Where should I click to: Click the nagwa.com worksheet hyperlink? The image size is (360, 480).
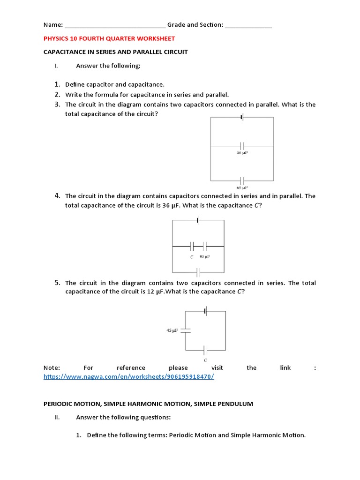[129, 376]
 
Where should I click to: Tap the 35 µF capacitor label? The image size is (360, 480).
[242, 153]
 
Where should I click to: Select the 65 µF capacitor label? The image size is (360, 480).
[242, 187]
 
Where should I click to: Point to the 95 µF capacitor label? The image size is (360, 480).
[204, 257]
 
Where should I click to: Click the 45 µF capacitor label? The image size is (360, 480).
[172, 330]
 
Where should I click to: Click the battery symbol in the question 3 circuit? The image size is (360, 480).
[242, 117]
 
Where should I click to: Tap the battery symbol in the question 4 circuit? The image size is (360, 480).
[199, 220]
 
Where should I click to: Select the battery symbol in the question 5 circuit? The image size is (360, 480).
[206, 310]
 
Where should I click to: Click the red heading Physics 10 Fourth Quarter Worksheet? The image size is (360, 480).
[109, 38]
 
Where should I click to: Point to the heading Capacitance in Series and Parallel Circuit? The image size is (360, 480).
[115, 52]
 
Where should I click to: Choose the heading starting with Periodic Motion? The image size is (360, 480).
[148, 404]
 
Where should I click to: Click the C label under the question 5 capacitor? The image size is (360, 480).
[205, 360]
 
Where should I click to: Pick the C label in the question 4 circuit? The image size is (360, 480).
[192, 257]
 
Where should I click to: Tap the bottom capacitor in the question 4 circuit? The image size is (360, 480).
[199, 272]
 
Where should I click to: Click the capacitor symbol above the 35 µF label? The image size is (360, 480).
[242, 146]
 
